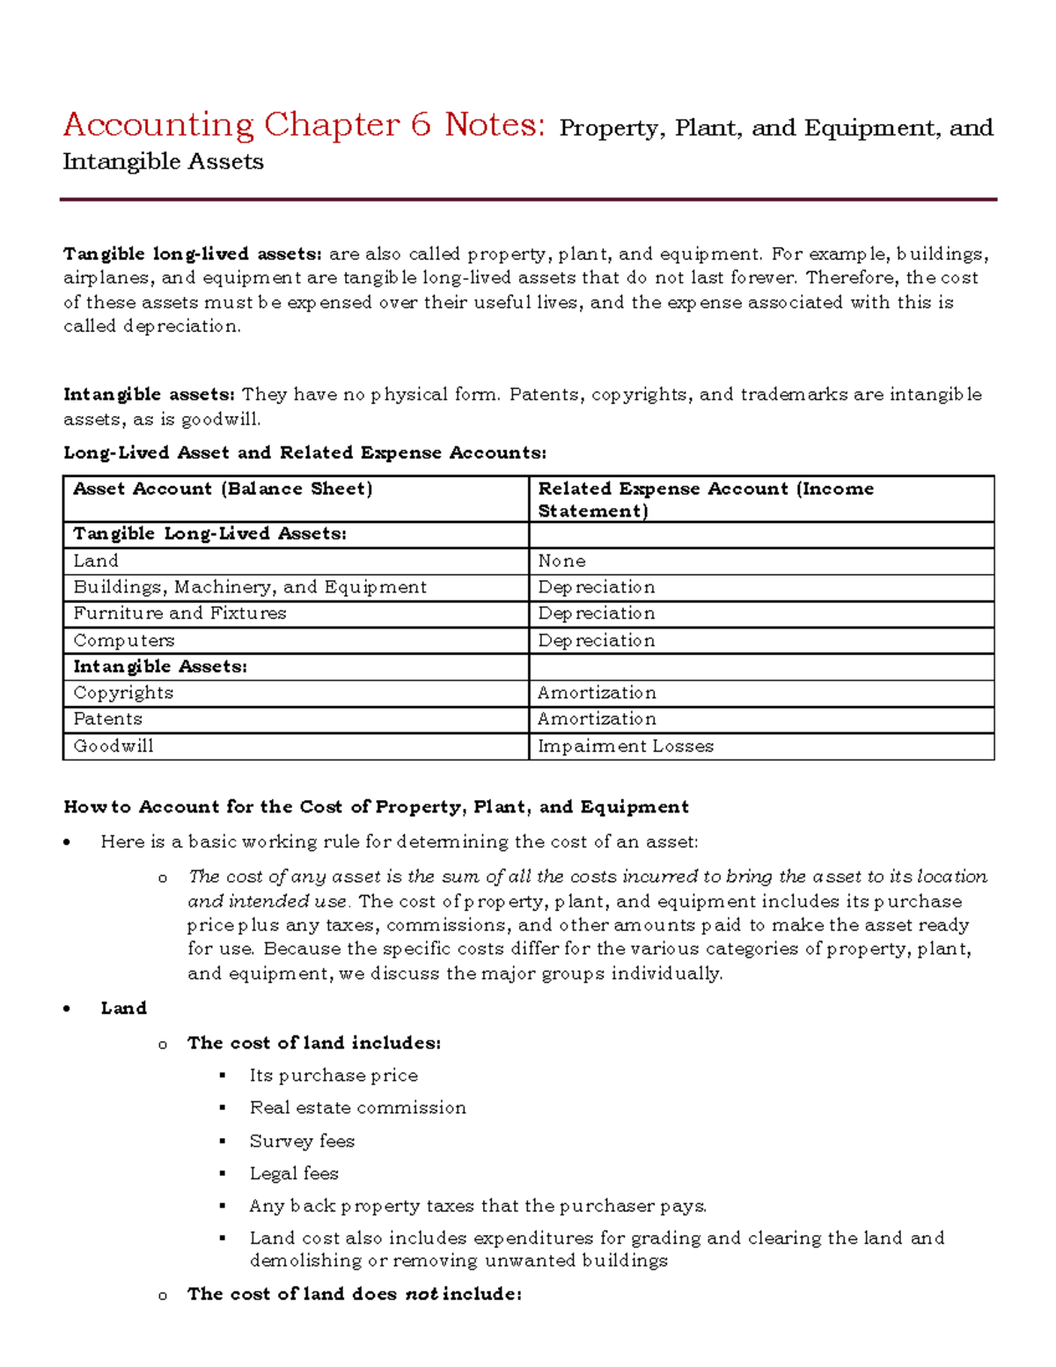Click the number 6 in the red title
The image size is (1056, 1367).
pyautogui.click(x=420, y=125)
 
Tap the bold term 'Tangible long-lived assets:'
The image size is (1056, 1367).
pyautogui.click(x=193, y=254)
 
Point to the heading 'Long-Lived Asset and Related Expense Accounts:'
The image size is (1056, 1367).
pyautogui.click(x=304, y=452)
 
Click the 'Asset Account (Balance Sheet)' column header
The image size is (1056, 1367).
pyautogui.click(x=223, y=489)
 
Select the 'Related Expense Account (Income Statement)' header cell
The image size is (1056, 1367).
pyautogui.click(x=705, y=499)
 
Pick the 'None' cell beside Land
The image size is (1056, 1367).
pyautogui.click(x=561, y=562)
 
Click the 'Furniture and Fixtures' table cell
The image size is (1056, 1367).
pyautogui.click(x=180, y=614)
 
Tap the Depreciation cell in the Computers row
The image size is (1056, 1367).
pyautogui.click(x=596, y=641)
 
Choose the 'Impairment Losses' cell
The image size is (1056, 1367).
pyautogui.click(x=625, y=746)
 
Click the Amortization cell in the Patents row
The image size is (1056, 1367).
pyautogui.click(x=596, y=719)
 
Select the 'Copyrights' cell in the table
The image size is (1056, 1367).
pyautogui.click(x=123, y=693)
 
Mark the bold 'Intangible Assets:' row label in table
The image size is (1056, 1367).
pyautogui.click(x=159, y=667)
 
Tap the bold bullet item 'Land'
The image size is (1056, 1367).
pyautogui.click(x=123, y=1008)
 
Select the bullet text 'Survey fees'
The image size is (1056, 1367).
pyautogui.click(x=302, y=1142)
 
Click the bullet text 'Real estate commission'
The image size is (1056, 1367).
pyautogui.click(x=357, y=1108)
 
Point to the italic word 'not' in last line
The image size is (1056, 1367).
pyautogui.click(x=421, y=1295)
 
